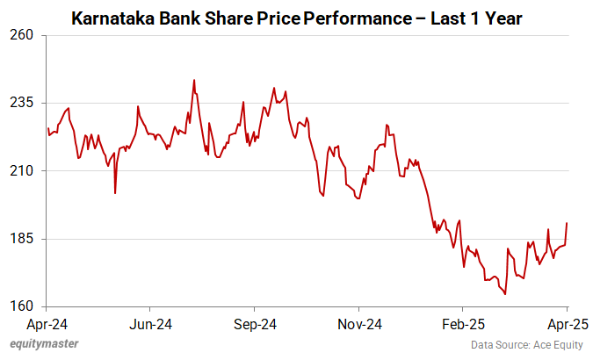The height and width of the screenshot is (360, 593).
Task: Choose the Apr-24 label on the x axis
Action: pyautogui.click(x=47, y=324)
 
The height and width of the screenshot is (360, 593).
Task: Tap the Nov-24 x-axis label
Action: pyautogui.click(x=360, y=324)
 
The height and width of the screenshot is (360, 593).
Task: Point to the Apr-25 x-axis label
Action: pyautogui.click(x=567, y=324)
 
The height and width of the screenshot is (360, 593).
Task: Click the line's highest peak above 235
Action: pyautogui.click(x=193, y=80)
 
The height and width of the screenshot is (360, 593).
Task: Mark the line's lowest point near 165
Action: pyautogui.click(x=505, y=294)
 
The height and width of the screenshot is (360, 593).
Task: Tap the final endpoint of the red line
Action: pyautogui.click(x=567, y=223)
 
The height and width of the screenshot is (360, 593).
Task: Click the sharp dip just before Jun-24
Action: pyautogui.click(x=115, y=193)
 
